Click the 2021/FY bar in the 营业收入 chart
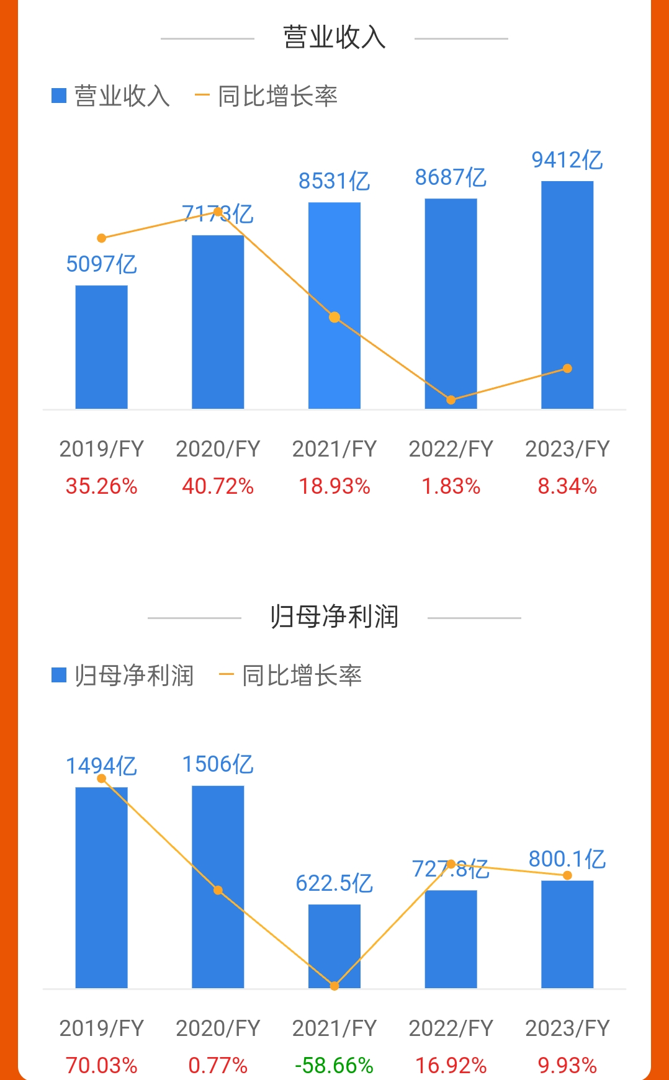pos(334,305)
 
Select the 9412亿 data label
pos(567,160)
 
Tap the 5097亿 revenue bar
pos(102,347)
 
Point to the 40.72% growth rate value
pos(218,486)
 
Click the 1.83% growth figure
pos(451,486)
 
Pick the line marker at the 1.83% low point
pos(451,400)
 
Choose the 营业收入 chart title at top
pos(334,38)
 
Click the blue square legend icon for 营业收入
pos(59,96)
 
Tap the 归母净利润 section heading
pos(334,617)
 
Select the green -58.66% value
pos(334,1066)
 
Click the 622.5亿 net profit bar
pos(334,946)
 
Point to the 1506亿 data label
pos(218,764)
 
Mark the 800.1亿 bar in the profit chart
pos(567,934)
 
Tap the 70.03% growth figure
pos(102,1066)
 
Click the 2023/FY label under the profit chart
pos(567,1029)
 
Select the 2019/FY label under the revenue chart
pos(102,449)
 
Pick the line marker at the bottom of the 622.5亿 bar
pos(334,986)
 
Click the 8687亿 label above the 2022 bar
pos(451,178)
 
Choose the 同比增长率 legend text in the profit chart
pos(302,676)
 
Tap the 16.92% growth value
pos(451,1066)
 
